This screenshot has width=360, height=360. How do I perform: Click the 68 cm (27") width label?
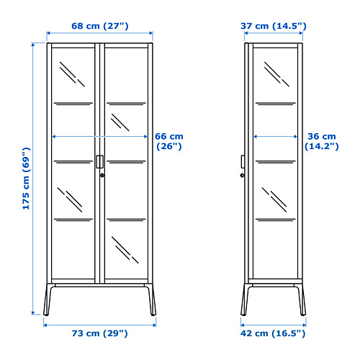100,26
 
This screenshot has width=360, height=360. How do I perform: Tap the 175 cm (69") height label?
26,179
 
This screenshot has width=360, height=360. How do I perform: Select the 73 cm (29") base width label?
99,333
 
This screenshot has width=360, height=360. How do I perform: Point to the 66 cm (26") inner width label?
169,141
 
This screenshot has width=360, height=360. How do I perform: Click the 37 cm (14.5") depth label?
274,26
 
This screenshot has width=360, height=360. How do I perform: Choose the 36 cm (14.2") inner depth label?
322,141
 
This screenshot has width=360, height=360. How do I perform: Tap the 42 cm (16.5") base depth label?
273,333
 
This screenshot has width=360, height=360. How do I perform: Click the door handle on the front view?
100,162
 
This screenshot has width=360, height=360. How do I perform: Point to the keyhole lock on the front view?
102,176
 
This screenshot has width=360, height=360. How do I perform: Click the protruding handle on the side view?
243,162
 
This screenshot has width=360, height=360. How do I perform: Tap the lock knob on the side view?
243,176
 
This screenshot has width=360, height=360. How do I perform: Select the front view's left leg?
48,300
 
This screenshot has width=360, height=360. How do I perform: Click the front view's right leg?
151,300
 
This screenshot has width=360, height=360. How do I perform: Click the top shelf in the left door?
73,104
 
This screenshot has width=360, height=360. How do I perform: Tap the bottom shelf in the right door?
126,220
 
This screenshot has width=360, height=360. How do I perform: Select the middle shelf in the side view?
276,161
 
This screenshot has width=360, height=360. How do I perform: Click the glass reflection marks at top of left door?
72,74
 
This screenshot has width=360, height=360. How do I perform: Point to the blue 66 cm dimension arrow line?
99,137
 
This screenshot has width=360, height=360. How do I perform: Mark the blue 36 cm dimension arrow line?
276,137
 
